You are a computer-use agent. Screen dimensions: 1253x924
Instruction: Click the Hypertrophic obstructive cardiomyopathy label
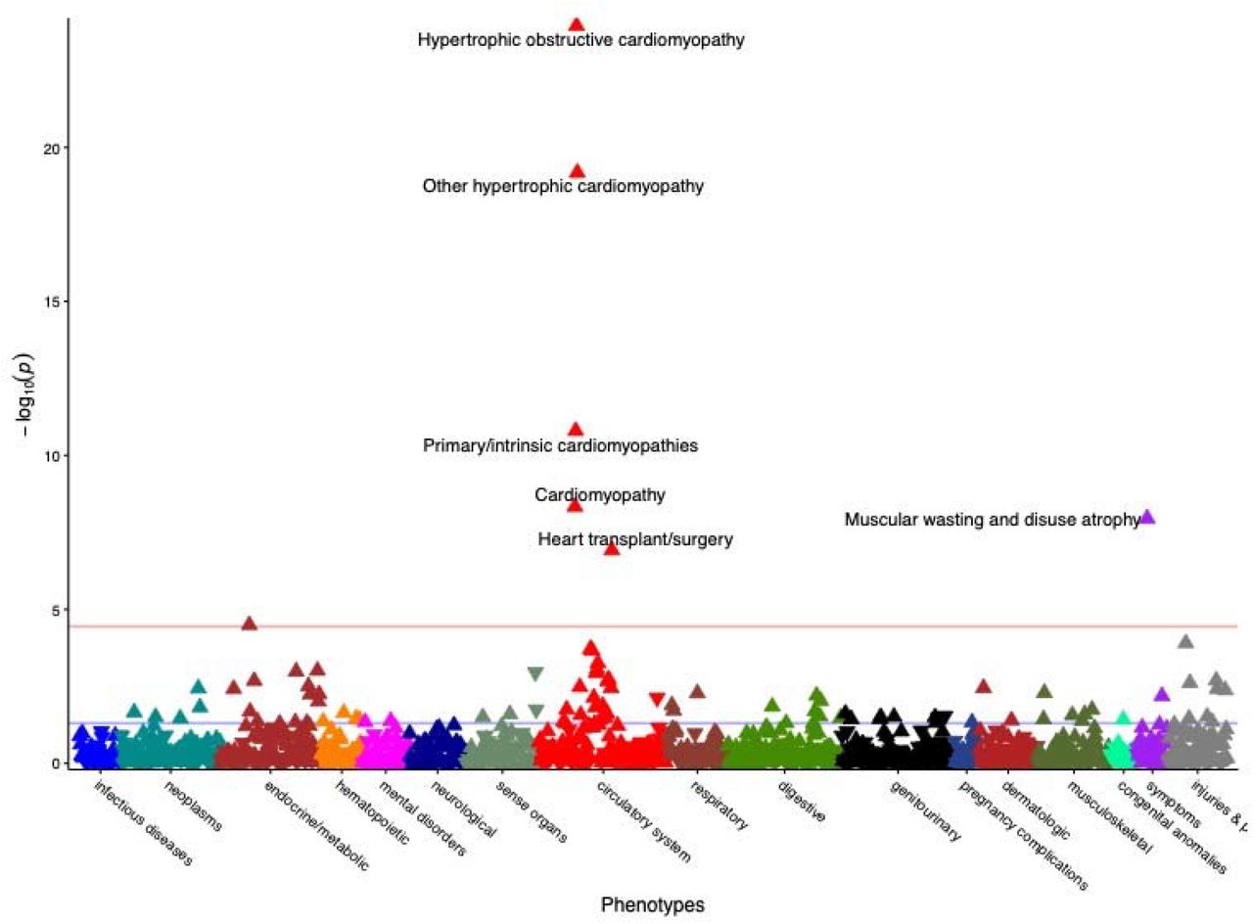click(580, 40)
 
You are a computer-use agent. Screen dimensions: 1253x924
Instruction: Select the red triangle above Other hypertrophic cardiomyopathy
click(577, 171)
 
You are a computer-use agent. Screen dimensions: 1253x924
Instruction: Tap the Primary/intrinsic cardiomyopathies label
click(561, 445)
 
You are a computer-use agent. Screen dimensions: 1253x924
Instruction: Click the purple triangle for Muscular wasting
click(1147, 518)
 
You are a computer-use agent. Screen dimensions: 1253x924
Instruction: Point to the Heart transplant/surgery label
click(635, 539)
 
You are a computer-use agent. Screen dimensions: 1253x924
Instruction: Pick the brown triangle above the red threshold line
click(250, 624)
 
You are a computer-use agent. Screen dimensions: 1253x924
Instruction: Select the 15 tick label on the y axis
click(53, 301)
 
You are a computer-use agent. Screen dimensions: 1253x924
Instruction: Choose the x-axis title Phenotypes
click(653, 904)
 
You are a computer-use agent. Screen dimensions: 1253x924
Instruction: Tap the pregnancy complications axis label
click(1023, 835)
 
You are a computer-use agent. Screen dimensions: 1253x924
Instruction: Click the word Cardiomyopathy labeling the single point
click(600, 495)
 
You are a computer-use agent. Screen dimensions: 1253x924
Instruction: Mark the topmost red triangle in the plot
click(577, 24)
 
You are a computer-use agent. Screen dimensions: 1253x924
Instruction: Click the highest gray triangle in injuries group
click(1185, 642)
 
